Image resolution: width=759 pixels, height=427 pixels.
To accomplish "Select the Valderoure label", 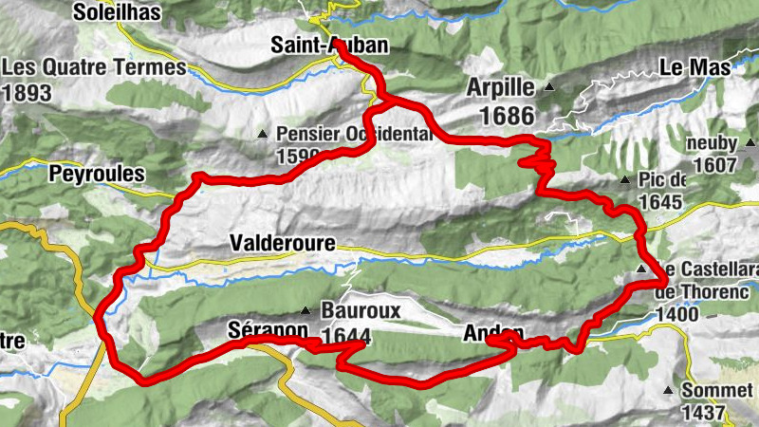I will [282, 244].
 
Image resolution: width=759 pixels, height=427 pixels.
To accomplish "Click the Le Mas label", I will [695, 68].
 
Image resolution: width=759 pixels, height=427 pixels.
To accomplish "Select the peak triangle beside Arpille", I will [549, 88].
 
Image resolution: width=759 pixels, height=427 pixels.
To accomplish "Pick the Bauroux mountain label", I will [361, 310].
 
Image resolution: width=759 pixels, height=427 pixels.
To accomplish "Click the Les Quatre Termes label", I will [95, 68].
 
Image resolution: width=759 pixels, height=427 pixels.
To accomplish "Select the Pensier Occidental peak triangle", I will [263, 134].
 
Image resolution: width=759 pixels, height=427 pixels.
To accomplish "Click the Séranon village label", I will [268, 329].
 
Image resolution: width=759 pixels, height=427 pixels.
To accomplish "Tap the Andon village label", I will [493, 334].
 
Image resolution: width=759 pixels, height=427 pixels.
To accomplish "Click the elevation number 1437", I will [703, 413].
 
